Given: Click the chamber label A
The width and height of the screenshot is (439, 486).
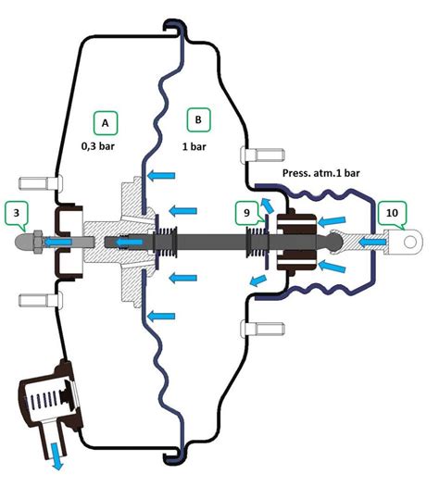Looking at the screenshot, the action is point(106,123).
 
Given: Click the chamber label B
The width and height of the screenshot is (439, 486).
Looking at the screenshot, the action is point(198,119).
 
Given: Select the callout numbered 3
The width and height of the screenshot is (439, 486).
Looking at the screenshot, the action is point(17,213).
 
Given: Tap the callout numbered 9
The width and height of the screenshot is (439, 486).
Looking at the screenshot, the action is point(246,213).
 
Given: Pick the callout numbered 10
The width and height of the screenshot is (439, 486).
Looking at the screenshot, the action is point(392,213).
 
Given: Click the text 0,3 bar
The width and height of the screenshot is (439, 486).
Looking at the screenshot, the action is point(98,146).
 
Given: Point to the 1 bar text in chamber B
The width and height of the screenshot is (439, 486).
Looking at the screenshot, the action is point(194,146).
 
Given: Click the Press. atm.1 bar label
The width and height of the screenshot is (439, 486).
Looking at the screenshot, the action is point(320,173).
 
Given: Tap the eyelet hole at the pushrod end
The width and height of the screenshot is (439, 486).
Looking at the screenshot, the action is point(410,242).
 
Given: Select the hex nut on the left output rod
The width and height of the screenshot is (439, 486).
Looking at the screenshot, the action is point(38,242).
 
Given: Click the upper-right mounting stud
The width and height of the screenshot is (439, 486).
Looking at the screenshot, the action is point(263,155).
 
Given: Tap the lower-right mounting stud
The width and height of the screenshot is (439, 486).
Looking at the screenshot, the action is point(263,329).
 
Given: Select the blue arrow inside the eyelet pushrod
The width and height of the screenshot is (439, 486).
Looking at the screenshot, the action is point(373,243).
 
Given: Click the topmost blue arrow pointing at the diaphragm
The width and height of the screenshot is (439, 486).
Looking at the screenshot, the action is point(161,176).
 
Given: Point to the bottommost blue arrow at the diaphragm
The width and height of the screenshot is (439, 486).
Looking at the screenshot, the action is point(161,317).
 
